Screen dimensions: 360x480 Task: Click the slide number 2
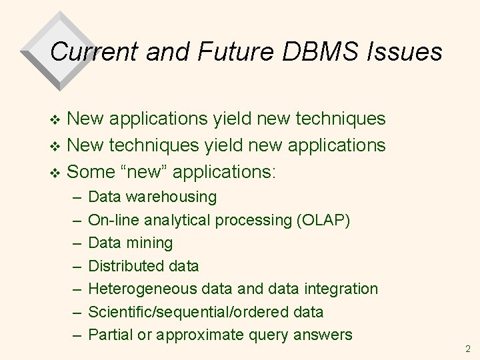click(x=467, y=349)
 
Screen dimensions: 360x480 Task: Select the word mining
click(x=151, y=243)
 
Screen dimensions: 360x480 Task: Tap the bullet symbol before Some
click(x=56, y=172)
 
